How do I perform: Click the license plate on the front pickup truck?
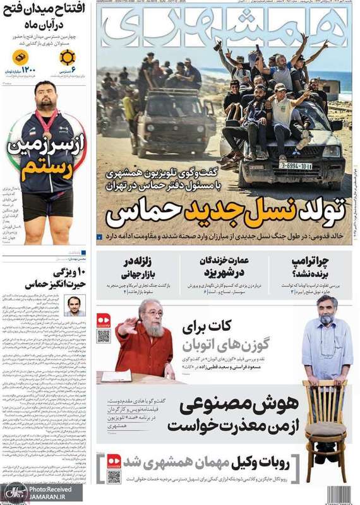pyautogui.click(x=296, y=166)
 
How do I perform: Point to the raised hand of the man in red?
pyautogui.click(x=126, y=327)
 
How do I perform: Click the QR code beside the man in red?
pyautogui.click(x=104, y=336)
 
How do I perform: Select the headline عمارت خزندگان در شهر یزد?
pyautogui.click(x=224, y=267)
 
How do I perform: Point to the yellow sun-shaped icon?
pyautogui.click(x=67, y=57)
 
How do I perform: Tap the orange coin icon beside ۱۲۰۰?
pyautogui.click(x=20, y=57)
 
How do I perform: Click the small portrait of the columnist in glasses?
pyautogui.click(x=75, y=306)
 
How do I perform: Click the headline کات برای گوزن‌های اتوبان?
pyautogui.click(x=227, y=336)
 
